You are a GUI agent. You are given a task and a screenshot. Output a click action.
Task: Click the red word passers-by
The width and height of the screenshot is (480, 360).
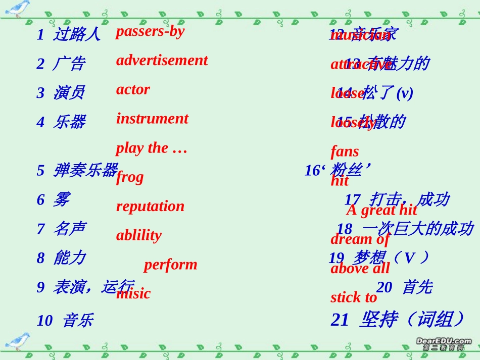[150, 31]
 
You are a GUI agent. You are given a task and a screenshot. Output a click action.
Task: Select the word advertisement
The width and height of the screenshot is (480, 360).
[162, 61]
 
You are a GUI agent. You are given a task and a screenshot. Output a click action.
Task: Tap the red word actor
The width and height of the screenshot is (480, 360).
[133, 90]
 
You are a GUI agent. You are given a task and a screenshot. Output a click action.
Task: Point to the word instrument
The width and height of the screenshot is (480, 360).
[152, 119]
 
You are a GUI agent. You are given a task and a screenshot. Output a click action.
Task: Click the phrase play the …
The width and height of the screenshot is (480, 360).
[152, 148]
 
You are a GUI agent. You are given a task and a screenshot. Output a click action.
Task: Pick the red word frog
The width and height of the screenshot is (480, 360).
[130, 177]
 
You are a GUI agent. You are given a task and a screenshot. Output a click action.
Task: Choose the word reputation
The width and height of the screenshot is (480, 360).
[150, 206]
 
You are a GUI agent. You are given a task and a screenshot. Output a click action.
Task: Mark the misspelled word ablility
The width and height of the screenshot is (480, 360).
[139, 235]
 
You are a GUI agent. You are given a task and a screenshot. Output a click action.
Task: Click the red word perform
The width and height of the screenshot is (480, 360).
[170, 265]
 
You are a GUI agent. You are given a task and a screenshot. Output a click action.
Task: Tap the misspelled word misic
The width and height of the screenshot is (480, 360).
[133, 293]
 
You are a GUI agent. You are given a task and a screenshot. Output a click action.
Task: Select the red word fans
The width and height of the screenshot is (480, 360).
[345, 151]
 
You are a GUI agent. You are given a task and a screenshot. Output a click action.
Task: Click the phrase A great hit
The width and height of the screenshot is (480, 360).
[381, 210]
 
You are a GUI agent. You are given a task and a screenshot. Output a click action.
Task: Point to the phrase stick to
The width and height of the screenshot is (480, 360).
[354, 297]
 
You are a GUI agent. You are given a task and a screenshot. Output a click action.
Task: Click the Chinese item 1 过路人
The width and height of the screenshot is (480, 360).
[69, 35]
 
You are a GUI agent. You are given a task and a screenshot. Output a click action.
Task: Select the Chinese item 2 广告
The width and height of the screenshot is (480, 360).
[61, 64]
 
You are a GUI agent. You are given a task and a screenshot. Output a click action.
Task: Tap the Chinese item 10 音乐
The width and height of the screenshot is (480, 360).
[65, 320]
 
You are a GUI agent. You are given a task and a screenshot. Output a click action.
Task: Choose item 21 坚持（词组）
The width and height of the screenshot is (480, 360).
[398, 320]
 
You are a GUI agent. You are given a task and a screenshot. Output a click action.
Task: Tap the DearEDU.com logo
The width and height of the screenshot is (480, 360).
[443, 344]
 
